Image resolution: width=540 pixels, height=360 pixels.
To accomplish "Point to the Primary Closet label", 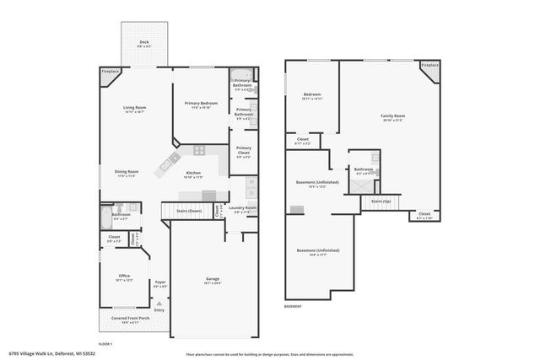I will pos(243,149).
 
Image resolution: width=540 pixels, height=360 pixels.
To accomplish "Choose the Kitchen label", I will pos(193,173).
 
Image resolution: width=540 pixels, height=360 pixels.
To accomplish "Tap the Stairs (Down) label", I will pos(188,211).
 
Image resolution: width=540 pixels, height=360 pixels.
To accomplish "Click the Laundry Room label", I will pos(243,207).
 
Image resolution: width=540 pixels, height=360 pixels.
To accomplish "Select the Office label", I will pos(124,276).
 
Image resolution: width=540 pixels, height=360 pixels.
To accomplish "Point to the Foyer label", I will pos(159,282).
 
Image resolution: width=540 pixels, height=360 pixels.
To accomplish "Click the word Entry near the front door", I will pos(159,309).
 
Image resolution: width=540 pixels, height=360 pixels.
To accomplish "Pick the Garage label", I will pos(213,279).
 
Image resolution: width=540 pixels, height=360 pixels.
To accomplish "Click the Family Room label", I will pos(392,116).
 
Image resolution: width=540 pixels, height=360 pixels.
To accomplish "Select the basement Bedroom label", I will pos(312,94).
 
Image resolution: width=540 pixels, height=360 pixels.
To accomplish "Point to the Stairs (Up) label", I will pos(381,201).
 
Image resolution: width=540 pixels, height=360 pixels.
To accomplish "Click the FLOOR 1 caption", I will pos(105,344).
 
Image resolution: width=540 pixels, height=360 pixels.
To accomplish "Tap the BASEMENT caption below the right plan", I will pos(293,306).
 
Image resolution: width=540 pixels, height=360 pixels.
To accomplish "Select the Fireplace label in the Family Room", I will pos(429,65).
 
